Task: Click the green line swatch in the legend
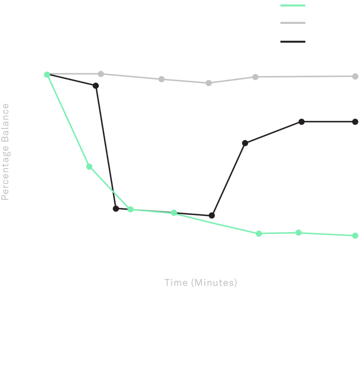293,5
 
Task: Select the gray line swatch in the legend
293,23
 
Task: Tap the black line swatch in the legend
293,42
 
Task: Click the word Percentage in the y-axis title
5,173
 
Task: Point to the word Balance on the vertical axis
5,123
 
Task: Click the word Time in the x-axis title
176,283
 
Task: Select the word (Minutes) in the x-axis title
214,283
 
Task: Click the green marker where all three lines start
47,75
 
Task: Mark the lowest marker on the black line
212,216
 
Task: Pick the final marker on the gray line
355,76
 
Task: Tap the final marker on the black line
355,122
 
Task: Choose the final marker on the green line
355,236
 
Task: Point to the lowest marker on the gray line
209,83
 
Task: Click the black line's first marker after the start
96,86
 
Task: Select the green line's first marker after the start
89,167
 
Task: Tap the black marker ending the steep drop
116,209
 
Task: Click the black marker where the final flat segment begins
302,122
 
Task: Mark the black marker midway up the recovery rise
245,143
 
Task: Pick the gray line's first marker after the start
101,74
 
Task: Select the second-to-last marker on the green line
298,232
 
